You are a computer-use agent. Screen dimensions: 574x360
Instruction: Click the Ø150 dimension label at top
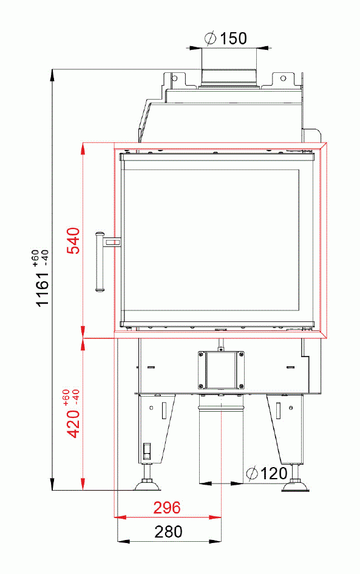pos(226,39)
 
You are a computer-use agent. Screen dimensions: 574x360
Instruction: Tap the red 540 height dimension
pos(73,241)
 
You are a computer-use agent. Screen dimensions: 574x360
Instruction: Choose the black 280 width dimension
pos(168,532)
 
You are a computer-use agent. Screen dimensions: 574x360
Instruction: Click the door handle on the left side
pos(100,261)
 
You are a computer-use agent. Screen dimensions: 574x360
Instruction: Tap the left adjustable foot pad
pos(146,484)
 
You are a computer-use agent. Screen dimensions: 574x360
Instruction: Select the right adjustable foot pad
pos(296,485)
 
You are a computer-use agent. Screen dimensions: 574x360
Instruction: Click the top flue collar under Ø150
pos(229,76)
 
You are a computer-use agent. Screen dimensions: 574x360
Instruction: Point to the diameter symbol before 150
pos(211,39)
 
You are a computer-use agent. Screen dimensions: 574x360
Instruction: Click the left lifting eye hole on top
pos(175,78)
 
